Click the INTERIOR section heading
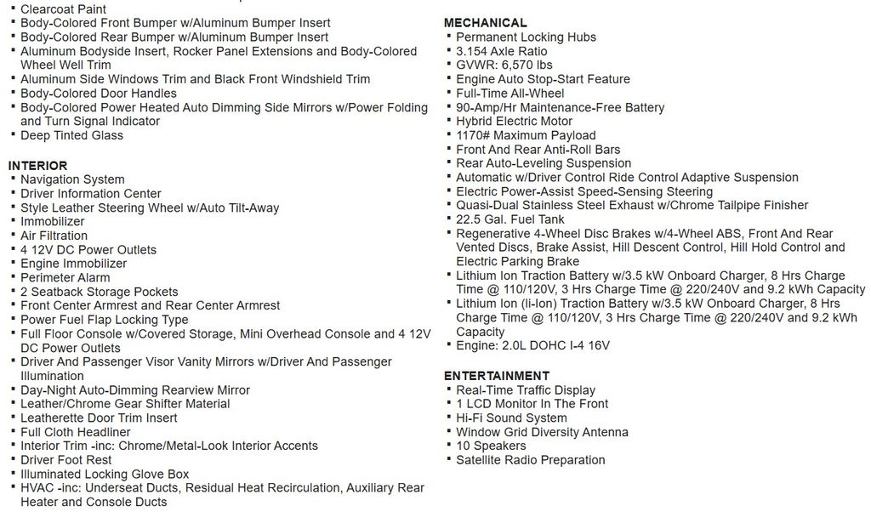[37, 165]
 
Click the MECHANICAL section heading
[485, 23]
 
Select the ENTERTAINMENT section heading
[497, 376]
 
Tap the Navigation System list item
[72, 179]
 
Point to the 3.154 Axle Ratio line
[502, 51]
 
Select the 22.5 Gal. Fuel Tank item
[510, 219]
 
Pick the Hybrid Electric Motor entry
[514, 121]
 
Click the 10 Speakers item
[491, 446]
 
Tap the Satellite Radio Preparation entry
[531, 460]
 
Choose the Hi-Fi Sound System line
[511, 418]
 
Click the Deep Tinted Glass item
[71, 135]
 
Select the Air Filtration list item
[54, 236]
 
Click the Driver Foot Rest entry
[66, 460]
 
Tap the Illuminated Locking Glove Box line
[105, 474]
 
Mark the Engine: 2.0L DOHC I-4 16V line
[532, 345]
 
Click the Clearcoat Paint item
[64, 9]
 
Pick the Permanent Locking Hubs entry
[526, 37]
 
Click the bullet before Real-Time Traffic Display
[448, 390]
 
